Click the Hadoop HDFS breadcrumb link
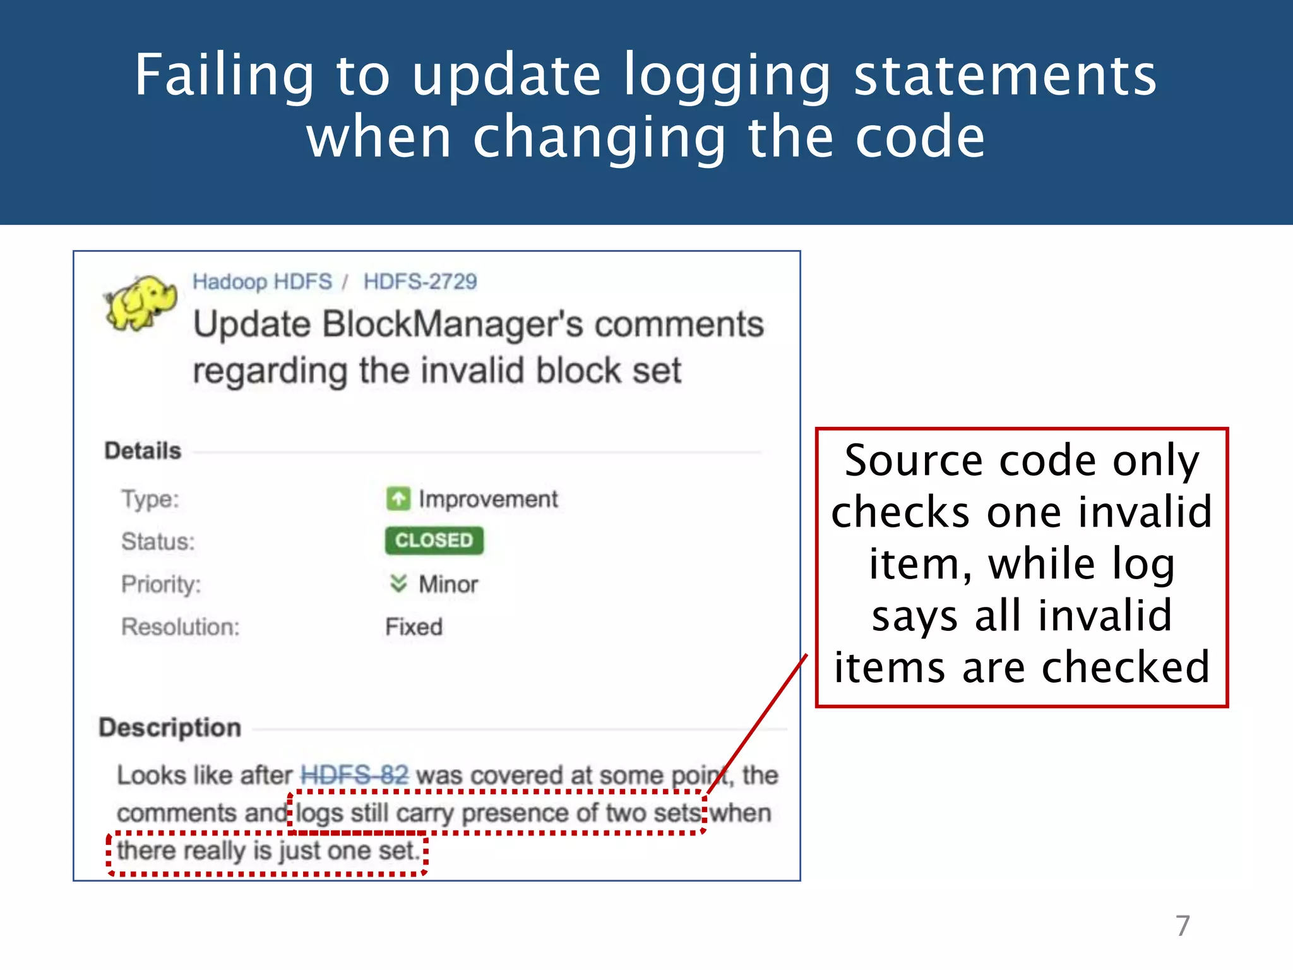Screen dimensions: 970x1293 (x=262, y=282)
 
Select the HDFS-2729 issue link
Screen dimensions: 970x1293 (x=420, y=282)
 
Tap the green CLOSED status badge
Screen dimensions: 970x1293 (x=434, y=541)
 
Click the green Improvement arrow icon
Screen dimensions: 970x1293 (x=398, y=499)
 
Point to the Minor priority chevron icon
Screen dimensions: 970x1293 (x=398, y=584)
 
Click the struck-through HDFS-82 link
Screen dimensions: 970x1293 (x=355, y=775)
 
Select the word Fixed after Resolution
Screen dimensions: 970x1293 (x=414, y=627)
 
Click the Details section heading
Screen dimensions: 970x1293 (x=143, y=451)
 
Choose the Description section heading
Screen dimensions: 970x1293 (x=170, y=727)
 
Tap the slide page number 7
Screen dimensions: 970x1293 (x=1183, y=926)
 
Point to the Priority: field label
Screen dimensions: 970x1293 (x=161, y=584)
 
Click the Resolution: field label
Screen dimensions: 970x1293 (x=181, y=627)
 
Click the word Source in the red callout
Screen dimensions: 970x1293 (x=914, y=460)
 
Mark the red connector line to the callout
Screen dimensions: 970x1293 (x=758, y=723)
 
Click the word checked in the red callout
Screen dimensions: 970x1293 (x=1125, y=668)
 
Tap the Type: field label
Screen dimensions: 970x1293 (x=150, y=500)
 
